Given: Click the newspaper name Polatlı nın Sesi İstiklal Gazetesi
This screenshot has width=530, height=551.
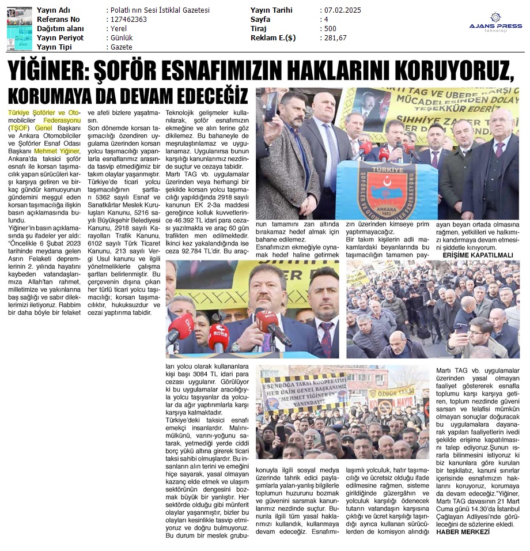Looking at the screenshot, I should [158, 10].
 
